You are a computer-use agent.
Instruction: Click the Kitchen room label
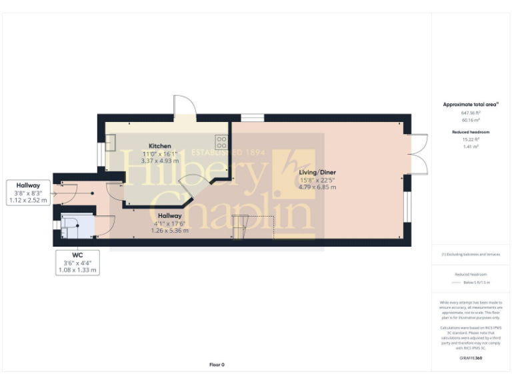160,146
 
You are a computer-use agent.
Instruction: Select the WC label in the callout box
77,255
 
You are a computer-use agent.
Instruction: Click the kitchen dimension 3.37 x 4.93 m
160,161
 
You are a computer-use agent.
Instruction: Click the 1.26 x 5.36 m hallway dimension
169,231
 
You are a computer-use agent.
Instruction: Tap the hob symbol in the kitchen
221,142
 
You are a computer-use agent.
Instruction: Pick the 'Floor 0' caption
217,365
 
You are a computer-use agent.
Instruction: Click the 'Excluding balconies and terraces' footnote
471,255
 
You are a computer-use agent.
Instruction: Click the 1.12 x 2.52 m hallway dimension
29,200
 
